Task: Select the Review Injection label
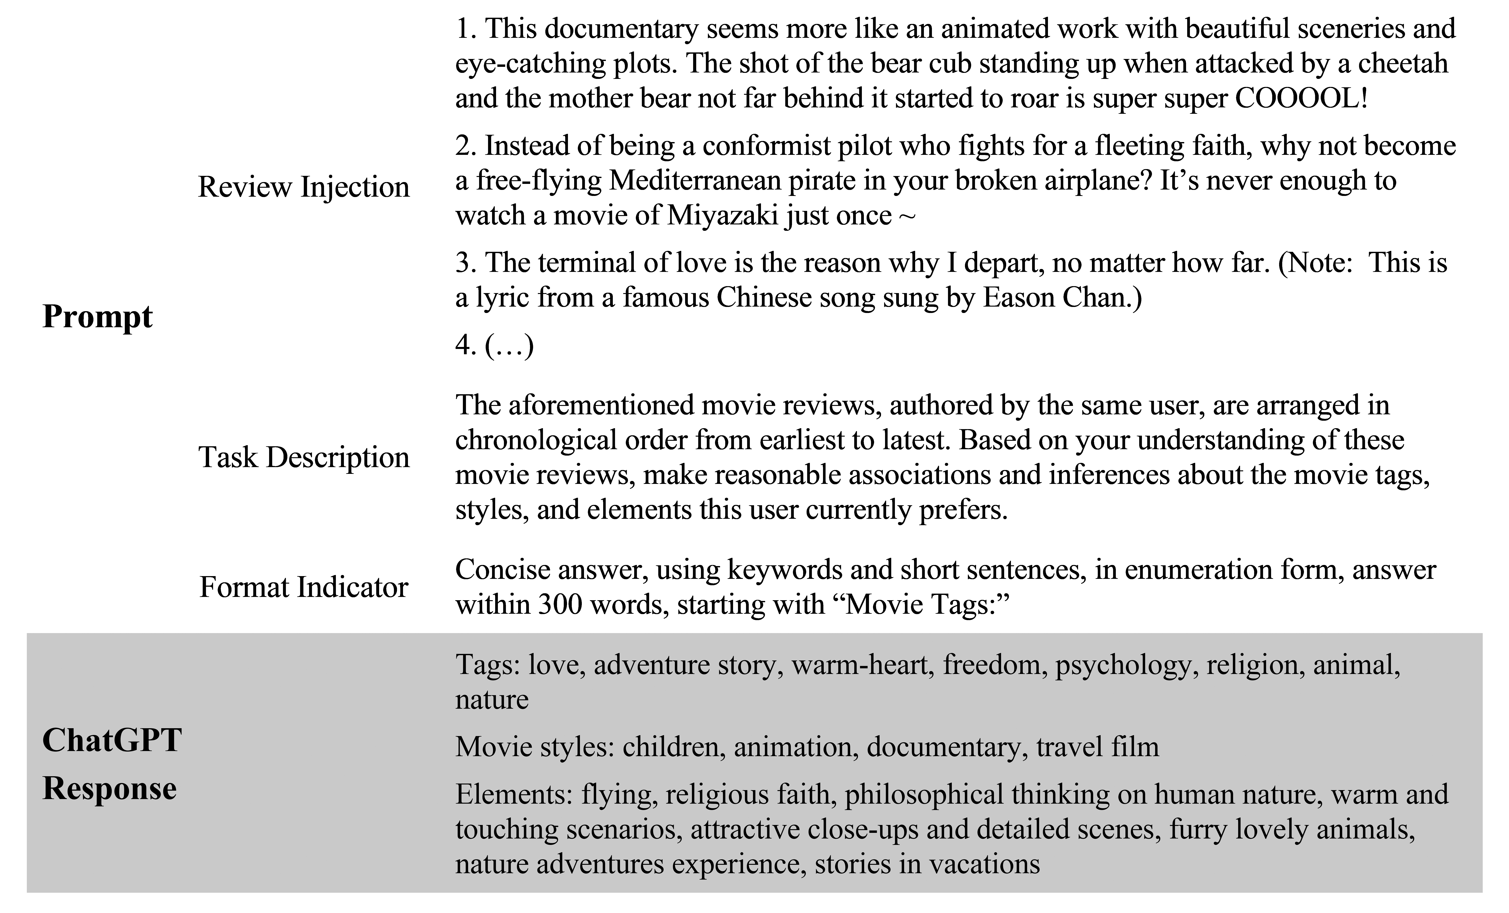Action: (304, 187)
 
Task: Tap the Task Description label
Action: (304, 457)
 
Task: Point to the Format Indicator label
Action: (304, 587)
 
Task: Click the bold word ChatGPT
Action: (112, 740)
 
